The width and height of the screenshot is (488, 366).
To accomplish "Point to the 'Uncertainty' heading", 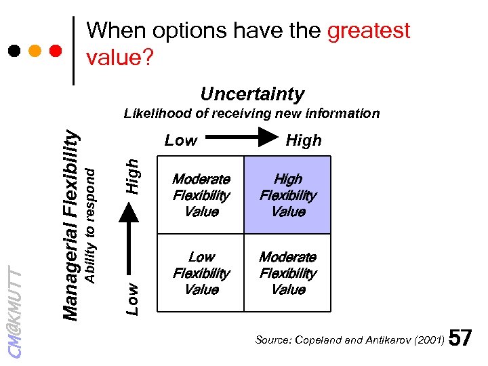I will coord(252,94).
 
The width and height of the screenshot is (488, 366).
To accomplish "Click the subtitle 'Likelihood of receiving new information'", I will coord(251,113).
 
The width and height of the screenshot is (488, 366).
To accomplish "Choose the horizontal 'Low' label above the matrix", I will coord(181,140).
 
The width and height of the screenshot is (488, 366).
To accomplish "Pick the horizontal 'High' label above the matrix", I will coord(304,140).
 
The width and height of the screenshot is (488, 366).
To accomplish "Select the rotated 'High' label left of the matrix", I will coord(134,174).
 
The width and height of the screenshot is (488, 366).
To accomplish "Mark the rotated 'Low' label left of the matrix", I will coord(134,298).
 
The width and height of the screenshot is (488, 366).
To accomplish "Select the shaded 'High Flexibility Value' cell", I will coord(288,195).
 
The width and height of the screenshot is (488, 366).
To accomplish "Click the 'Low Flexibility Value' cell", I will coord(201,273).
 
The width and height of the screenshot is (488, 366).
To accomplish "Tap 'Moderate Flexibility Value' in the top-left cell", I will coord(201,195).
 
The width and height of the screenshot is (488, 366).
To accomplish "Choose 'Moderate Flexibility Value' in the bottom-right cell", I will coord(288,273).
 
